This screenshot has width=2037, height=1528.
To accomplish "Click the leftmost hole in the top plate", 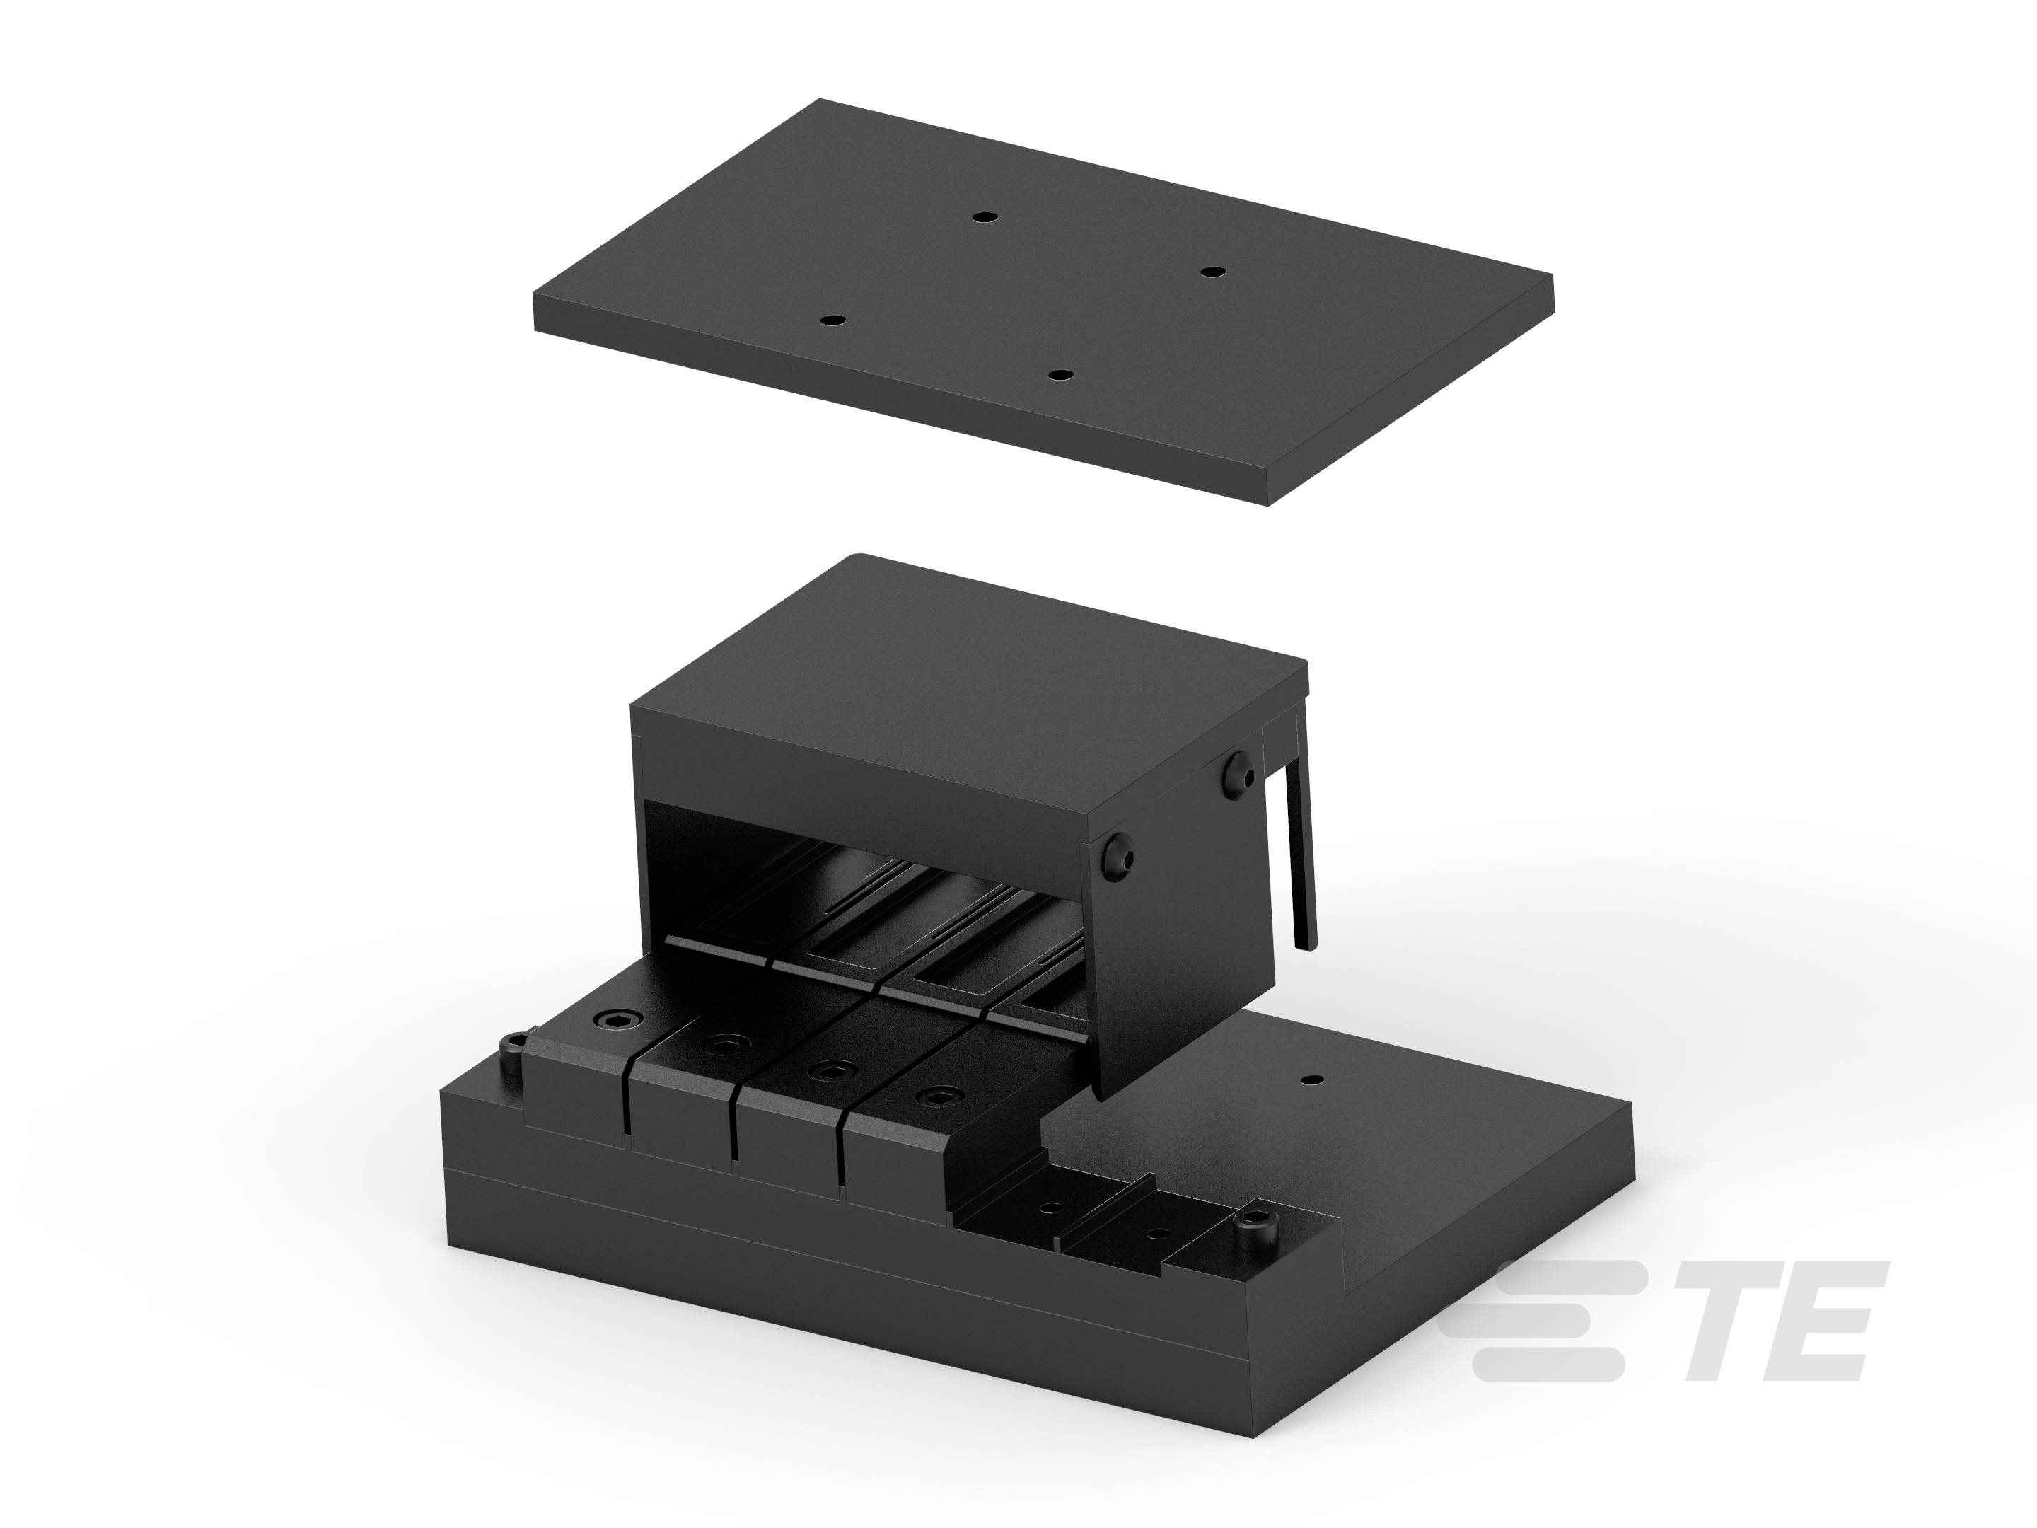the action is pyautogui.click(x=832, y=320).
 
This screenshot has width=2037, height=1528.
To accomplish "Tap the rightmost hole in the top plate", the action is pyautogui.click(x=1213, y=272).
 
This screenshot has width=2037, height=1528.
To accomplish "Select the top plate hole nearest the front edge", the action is pyautogui.click(x=1062, y=375).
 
